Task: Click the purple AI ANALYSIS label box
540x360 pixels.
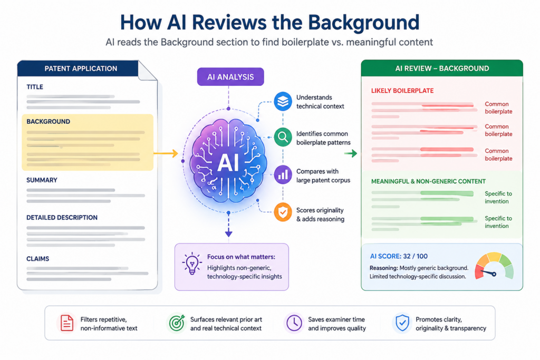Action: tap(230, 77)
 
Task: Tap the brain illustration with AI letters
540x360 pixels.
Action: tap(228, 161)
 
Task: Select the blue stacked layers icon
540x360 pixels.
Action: tap(283, 101)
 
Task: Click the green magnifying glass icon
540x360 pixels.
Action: tap(283, 138)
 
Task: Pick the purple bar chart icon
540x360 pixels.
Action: tap(283, 175)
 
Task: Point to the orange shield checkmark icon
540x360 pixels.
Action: tap(283, 212)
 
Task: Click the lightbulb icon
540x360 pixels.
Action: tap(192, 264)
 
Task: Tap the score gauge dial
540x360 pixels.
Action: tap(494, 266)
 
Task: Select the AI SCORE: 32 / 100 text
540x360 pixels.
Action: tap(399, 256)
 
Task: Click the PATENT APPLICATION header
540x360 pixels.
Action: tap(81, 69)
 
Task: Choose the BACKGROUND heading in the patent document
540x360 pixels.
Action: tap(48, 121)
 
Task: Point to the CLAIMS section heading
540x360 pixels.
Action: tap(38, 259)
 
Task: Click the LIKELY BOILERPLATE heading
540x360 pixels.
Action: tap(402, 91)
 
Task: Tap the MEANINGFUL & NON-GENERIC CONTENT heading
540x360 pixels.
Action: tap(428, 181)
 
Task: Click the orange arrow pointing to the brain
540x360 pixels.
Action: tap(166, 153)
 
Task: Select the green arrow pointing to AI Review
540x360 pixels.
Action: tap(351, 153)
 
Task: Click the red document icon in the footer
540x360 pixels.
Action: tap(67, 323)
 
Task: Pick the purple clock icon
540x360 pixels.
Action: tap(294, 323)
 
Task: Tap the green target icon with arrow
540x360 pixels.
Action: tap(177, 323)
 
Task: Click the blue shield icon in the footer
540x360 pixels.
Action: tap(402, 323)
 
